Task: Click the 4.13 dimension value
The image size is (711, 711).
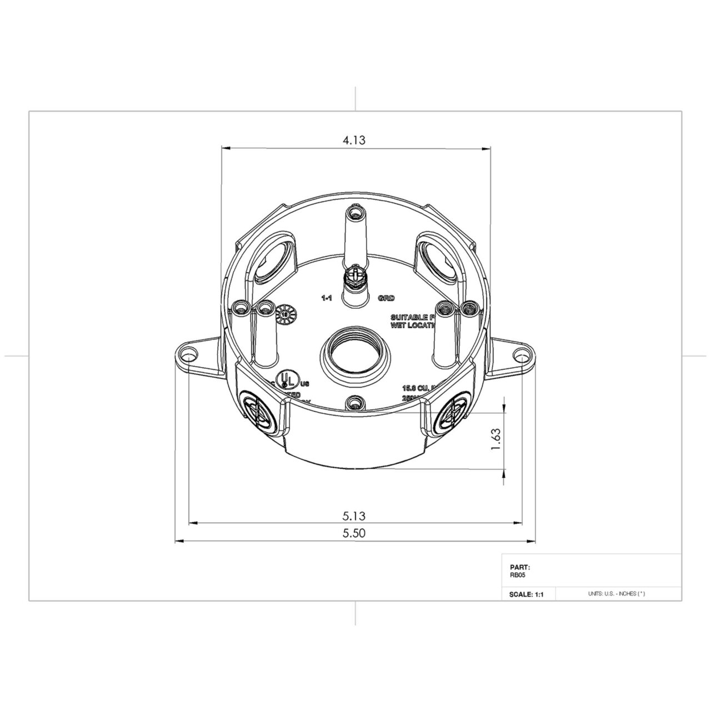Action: [x=353, y=141]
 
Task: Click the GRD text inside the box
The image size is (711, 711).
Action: [x=386, y=298]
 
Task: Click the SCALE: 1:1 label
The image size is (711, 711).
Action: [x=525, y=594]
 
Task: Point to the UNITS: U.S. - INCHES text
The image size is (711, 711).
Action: [x=616, y=594]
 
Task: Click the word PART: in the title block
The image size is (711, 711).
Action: [x=519, y=567]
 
